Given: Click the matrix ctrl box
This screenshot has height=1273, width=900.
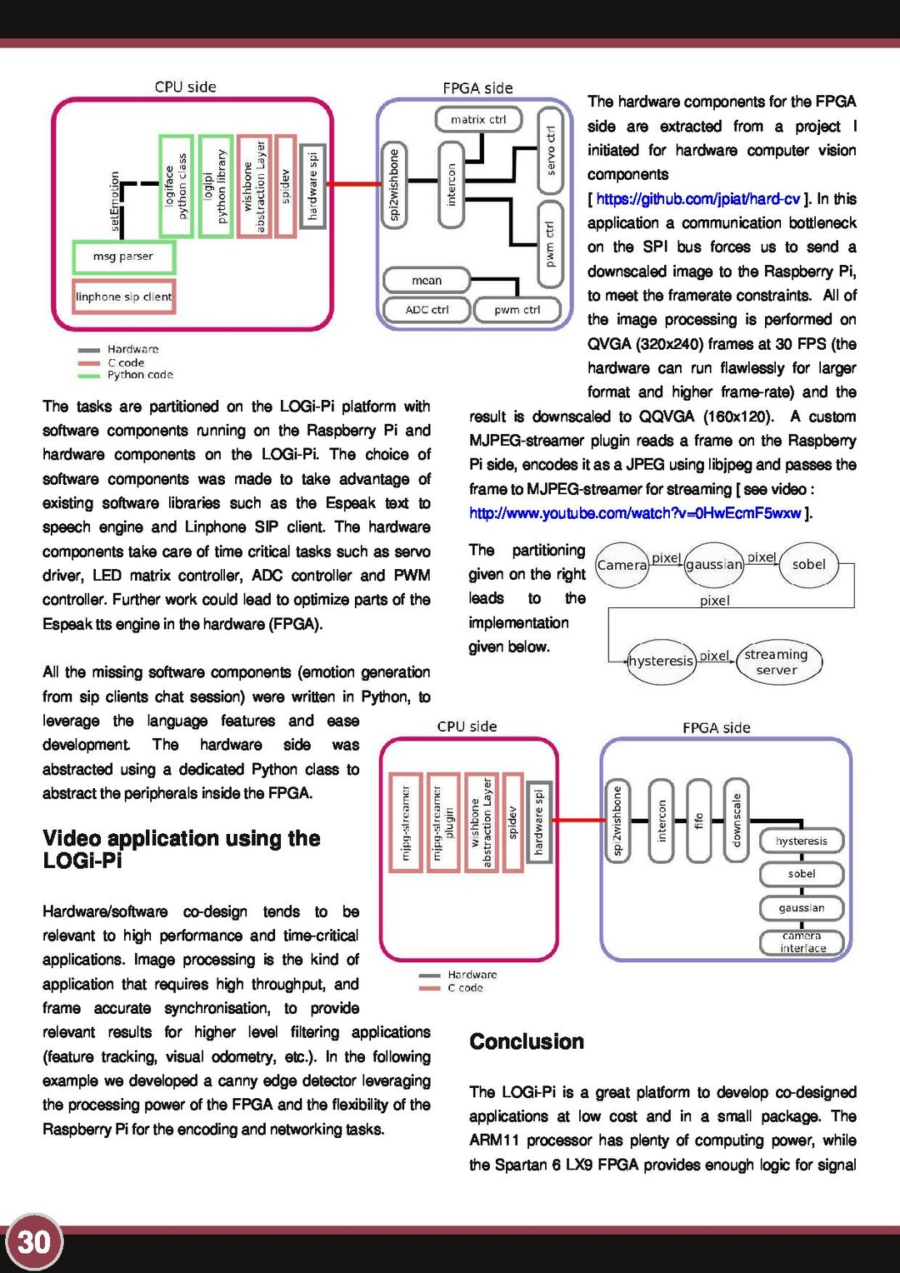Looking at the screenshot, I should click(x=478, y=119).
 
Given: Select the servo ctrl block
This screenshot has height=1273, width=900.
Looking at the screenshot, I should click(x=550, y=150).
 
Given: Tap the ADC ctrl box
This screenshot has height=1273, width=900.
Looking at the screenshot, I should click(x=427, y=310).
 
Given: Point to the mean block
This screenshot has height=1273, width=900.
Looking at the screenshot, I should click(x=427, y=281).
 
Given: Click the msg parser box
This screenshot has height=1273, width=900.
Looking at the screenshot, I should click(x=123, y=257).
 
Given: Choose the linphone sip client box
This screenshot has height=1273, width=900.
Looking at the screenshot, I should click(x=123, y=297).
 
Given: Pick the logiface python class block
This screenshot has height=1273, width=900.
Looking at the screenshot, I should click(x=176, y=186).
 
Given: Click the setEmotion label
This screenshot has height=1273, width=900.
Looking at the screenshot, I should click(x=115, y=203).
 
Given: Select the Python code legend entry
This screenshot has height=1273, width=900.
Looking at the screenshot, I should click(x=139, y=375).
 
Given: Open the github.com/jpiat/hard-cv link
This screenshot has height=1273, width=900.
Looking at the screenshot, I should click(x=697, y=199).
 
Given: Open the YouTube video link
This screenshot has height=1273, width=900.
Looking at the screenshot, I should click(x=635, y=513).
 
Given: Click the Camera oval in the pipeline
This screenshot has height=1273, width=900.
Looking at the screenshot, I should click(x=622, y=565).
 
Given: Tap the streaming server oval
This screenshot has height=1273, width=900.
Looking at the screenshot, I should click(x=777, y=662).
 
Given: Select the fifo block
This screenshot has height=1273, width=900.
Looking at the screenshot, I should click(x=698, y=821).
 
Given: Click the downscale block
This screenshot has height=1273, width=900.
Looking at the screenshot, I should click(x=736, y=821).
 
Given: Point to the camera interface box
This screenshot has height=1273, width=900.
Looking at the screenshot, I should click(x=802, y=942).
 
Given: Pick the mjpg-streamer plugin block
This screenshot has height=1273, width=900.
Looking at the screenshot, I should click(x=443, y=822).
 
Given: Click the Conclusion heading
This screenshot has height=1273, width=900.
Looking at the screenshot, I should click(x=526, y=1041).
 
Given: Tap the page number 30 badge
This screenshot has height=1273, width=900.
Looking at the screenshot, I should click(x=34, y=1241).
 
